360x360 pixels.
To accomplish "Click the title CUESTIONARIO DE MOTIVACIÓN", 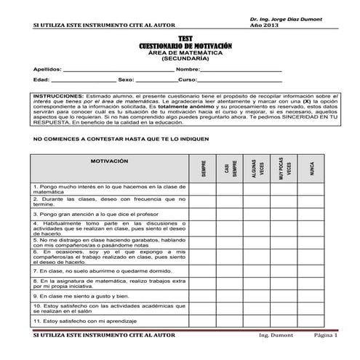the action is point(184,46).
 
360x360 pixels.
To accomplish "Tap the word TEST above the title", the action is point(184,39).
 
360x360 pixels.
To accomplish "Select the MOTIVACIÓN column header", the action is point(108,160).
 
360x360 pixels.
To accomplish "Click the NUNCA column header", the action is point(312,169).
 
